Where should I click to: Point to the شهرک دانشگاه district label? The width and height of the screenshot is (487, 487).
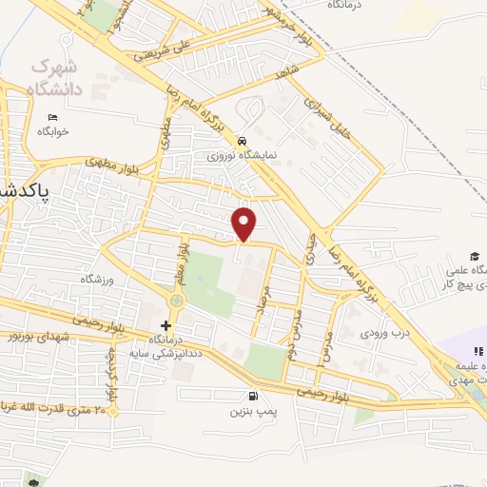58,79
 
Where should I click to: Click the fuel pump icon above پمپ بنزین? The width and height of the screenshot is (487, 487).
251,397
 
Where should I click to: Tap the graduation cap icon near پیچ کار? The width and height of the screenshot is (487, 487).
474,256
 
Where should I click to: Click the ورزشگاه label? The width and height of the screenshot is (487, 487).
96,279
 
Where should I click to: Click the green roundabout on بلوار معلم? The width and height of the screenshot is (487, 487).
176,302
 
